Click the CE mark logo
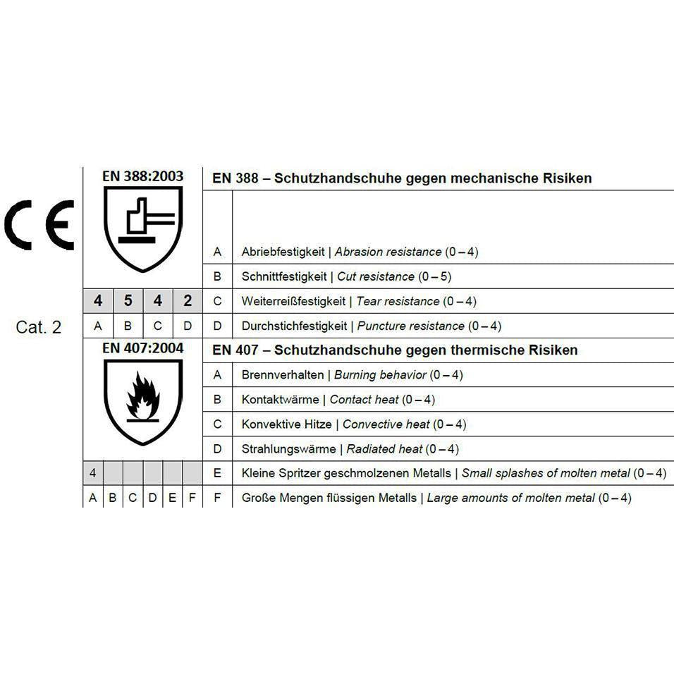tap(39, 223)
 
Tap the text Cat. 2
tap(39, 327)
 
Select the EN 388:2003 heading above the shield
tap(142, 176)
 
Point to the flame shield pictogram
tap(142, 400)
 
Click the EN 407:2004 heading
tap(142, 348)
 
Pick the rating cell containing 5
tap(128, 301)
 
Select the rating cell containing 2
tap(188, 301)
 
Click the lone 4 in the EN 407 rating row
tap(93, 473)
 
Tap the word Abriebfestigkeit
tap(282, 252)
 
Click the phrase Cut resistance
tap(376, 276)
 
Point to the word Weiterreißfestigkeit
tap(293, 301)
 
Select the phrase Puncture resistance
tap(411, 326)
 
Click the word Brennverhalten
tap(282, 375)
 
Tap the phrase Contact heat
tap(364, 400)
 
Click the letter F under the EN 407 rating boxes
tap(192, 498)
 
